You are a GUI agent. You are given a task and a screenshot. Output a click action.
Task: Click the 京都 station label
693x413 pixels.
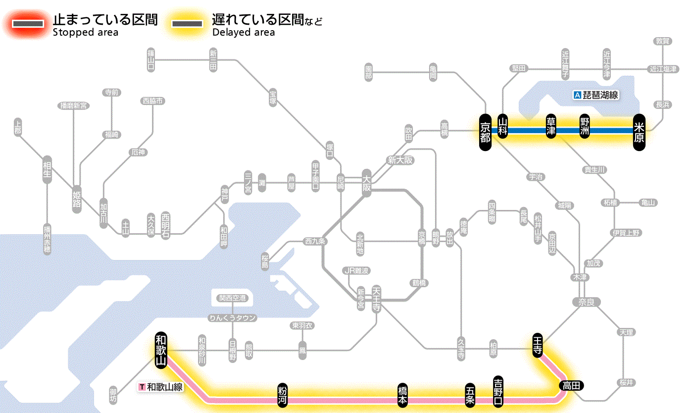click(x=485, y=131)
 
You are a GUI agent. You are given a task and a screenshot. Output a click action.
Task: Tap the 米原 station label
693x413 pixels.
click(x=640, y=131)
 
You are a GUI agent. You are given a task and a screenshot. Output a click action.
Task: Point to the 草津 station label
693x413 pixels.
click(x=551, y=127)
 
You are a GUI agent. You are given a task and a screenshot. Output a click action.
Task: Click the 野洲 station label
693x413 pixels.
click(x=585, y=127)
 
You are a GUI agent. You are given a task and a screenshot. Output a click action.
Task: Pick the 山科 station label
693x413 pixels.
click(x=503, y=127)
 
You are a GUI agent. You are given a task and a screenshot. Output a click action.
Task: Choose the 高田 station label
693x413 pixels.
click(x=571, y=386)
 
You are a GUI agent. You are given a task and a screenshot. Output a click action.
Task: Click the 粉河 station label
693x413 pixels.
click(x=282, y=395)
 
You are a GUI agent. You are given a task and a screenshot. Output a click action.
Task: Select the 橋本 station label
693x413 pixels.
click(x=403, y=395)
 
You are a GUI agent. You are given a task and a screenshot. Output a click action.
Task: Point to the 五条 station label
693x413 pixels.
click(x=470, y=395)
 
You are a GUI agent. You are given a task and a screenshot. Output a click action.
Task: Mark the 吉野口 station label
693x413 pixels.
click(x=498, y=391)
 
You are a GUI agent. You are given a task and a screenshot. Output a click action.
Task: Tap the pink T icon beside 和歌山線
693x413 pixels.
click(x=142, y=387)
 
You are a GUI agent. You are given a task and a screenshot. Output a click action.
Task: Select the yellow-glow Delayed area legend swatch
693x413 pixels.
click(x=187, y=24)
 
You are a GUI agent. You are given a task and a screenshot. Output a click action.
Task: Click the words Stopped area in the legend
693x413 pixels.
click(x=86, y=33)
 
